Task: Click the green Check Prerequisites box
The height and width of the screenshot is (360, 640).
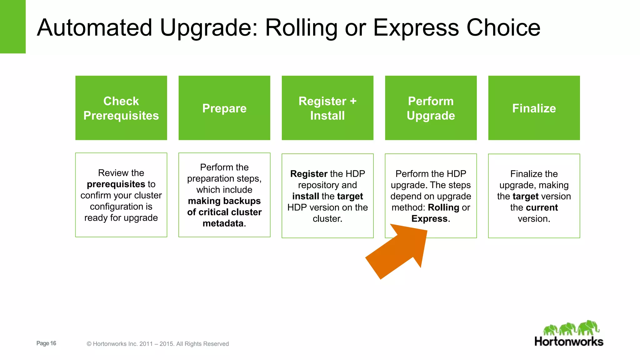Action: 121,108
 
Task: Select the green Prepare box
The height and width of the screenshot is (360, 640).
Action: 224,108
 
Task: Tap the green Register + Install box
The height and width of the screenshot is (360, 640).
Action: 327,108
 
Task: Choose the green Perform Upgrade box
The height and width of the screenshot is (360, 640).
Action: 431,108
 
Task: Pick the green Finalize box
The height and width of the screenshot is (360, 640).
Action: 534,108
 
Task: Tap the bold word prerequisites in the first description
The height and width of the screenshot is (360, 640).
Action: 116,184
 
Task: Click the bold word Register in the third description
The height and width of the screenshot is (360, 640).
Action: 308,174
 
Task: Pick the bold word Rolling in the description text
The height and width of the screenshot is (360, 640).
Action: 443,207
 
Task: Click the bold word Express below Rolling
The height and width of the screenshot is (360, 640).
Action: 429,219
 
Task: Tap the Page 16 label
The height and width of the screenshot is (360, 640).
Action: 46,343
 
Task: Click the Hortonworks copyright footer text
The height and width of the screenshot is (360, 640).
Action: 157,344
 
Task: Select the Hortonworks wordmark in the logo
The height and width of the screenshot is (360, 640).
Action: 569,342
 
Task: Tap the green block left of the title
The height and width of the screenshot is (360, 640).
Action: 12,27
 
